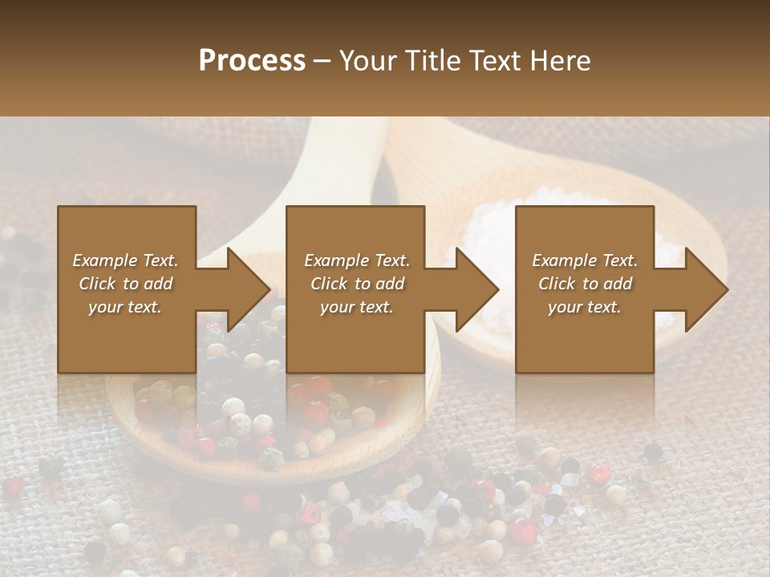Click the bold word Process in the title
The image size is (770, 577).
(252, 60)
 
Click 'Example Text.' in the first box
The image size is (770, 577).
(125, 260)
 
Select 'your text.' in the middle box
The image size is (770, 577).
(357, 307)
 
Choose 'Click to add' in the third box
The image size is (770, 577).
(586, 284)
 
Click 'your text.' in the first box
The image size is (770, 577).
(125, 307)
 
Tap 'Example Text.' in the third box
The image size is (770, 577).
(585, 260)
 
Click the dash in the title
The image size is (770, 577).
(322, 60)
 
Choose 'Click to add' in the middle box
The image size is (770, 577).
(357, 284)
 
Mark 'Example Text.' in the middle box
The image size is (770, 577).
(357, 260)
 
